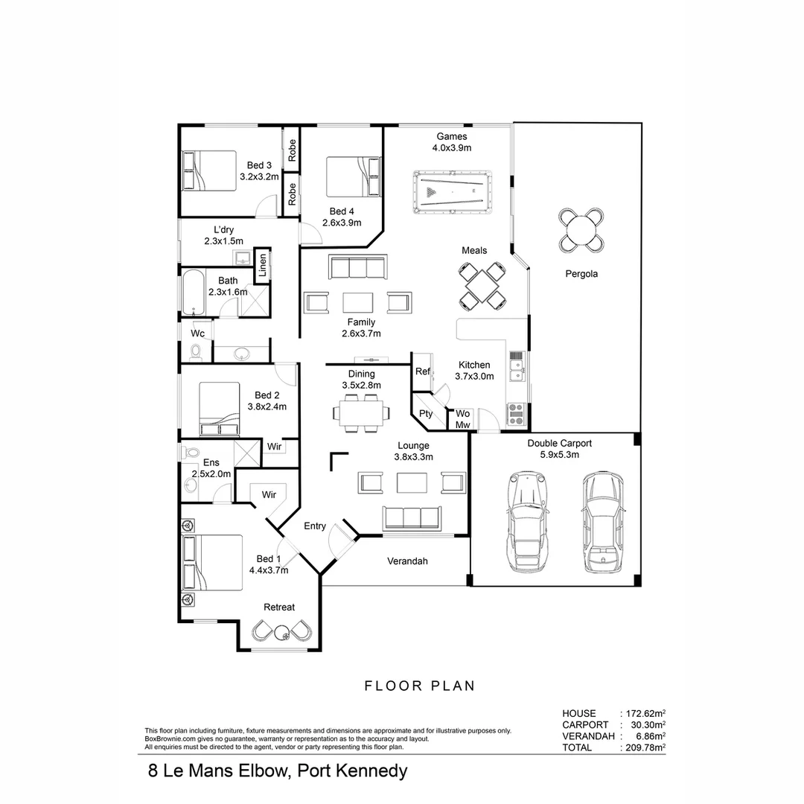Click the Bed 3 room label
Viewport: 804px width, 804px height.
[x=259, y=170]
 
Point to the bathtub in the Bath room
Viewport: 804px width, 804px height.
[x=191, y=293]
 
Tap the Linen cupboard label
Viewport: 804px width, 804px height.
[x=262, y=266]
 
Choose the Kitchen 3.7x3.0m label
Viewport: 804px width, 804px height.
[x=474, y=371]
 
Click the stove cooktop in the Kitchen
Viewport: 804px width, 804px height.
[x=517, y=413]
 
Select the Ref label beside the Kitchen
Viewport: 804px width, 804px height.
[x=423, y=371]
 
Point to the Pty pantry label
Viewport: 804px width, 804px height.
[x=426, y=414]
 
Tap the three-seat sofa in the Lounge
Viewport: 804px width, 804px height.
[x=411, y=517]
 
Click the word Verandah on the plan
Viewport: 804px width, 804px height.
[x=408, y=561]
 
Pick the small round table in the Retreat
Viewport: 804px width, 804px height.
[x=281, y=633]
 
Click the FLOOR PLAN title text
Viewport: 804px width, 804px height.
[x=419, y=686]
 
